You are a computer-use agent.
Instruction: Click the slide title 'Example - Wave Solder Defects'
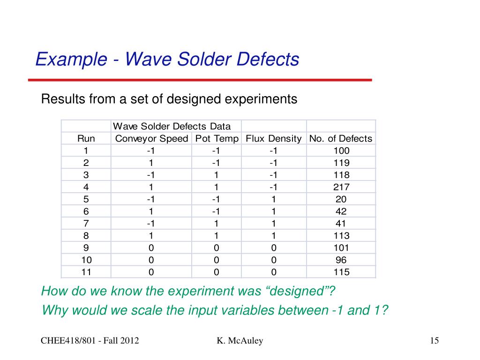tap(167, 60)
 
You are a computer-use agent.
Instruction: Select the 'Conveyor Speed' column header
tap(151, 138)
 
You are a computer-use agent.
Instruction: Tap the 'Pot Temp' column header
tap(217, 138)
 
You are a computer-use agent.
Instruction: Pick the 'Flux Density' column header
tap(273, 138)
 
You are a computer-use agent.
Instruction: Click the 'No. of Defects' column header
tap(341, 138)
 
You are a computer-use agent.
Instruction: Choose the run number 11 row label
tap(86, 272)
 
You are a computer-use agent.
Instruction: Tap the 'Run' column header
tap(86, 138)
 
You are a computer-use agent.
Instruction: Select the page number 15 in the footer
tap(434, 341)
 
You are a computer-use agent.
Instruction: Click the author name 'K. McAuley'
tap(240, 341)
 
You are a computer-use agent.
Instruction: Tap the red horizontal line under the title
tap(200, 80)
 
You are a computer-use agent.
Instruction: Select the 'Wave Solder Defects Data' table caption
tap(172, 126)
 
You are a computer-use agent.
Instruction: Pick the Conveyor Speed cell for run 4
tap(151, 187)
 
